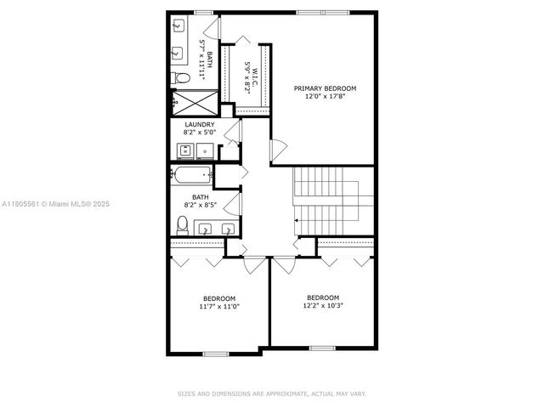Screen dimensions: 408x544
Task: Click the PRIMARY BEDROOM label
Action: [x=325, y=88]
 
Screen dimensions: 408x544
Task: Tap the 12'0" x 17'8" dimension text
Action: [x=325, y=97]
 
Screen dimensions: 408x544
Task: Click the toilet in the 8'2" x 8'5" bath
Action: [x=182, y=226]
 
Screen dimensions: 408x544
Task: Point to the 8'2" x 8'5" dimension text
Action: [x=206, y=204]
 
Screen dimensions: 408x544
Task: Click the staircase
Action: [x=333, y=200]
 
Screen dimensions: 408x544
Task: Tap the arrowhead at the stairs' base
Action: [x=296, y=221]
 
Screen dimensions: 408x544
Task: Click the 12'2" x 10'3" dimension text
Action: [x=325, y=305]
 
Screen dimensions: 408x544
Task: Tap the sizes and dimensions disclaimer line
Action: [x=272, y=394]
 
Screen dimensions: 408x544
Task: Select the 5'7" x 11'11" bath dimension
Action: [x=202, y=59]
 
